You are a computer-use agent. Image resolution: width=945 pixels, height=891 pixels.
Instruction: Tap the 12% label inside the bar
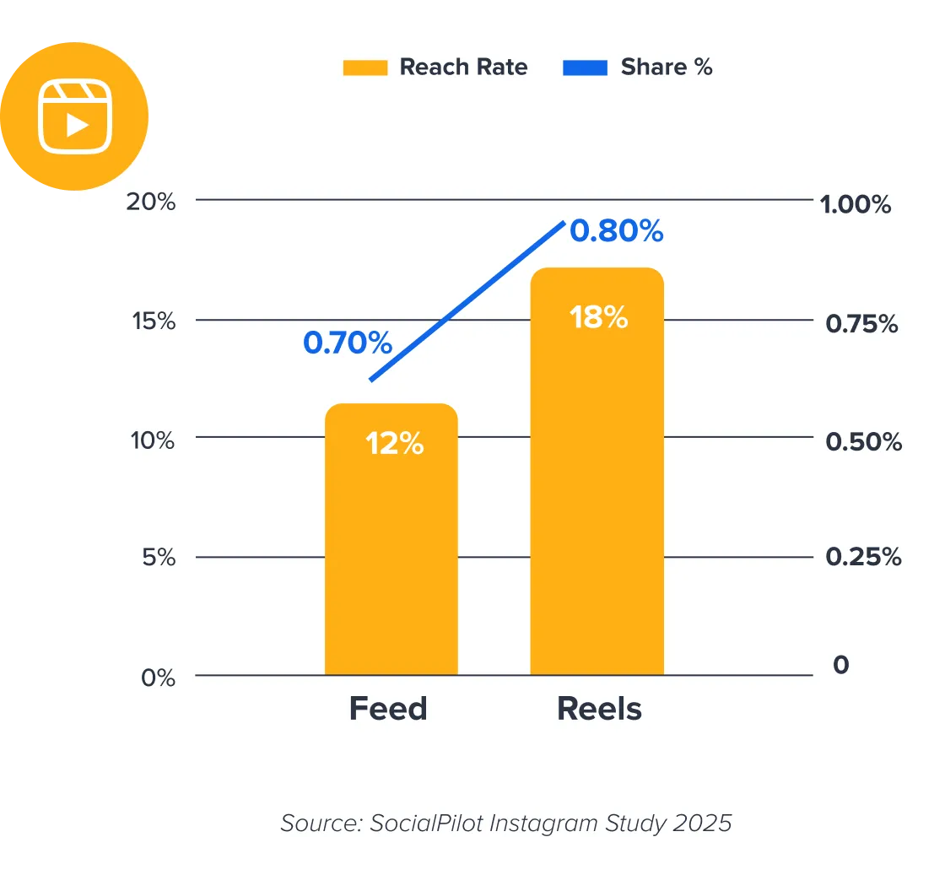394,443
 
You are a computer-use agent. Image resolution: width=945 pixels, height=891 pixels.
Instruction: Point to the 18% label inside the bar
598,317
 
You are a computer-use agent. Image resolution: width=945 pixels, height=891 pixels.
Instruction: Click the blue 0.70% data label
348,343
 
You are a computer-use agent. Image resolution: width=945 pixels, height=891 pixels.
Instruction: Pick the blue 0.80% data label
617,230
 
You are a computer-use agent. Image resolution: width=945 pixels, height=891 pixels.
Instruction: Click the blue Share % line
467,301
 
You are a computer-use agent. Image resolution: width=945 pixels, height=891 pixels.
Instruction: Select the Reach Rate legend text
463,67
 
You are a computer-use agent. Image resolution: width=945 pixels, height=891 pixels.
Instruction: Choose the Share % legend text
667,67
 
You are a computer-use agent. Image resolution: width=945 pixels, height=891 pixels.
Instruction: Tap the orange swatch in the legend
364,68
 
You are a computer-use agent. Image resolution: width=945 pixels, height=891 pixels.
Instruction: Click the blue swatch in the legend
585,68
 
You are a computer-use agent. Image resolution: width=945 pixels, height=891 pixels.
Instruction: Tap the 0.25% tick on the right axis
863,557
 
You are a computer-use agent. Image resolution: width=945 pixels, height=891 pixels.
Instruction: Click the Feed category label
388,709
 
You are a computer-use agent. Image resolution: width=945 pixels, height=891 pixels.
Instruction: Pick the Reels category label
599,709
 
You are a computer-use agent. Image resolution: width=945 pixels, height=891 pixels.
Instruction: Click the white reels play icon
76,116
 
